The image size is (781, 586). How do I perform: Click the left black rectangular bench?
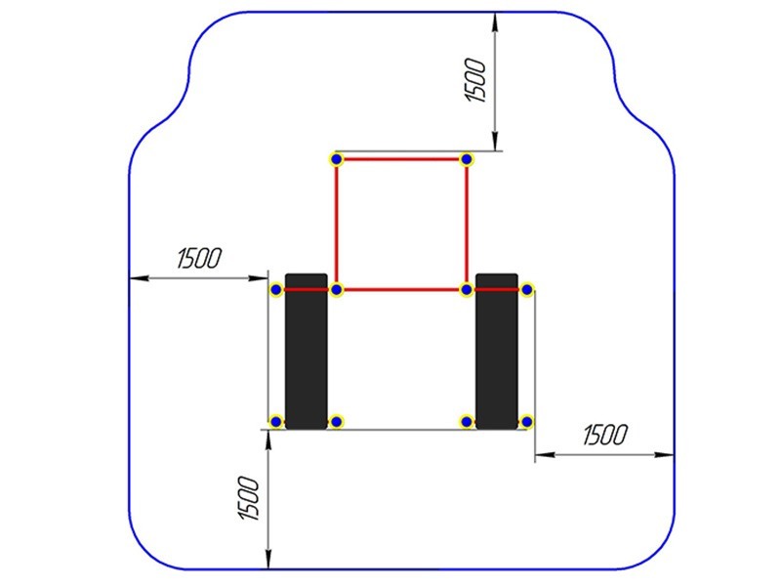click(307, 351)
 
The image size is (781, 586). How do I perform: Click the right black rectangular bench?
click(497, 351)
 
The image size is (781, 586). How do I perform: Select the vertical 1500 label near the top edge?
click(474, 80)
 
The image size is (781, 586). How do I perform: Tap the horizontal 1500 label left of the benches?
click(199, 258)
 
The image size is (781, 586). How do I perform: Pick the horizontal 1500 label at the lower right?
click(605, 435)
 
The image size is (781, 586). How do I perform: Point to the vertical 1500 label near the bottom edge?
click(249, 498)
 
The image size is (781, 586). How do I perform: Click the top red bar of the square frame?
click(401, 159)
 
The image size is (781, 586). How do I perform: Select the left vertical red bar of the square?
click(336, 225)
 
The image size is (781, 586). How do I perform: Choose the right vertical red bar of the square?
click(467, 225)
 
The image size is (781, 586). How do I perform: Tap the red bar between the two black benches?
click(401, 289)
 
